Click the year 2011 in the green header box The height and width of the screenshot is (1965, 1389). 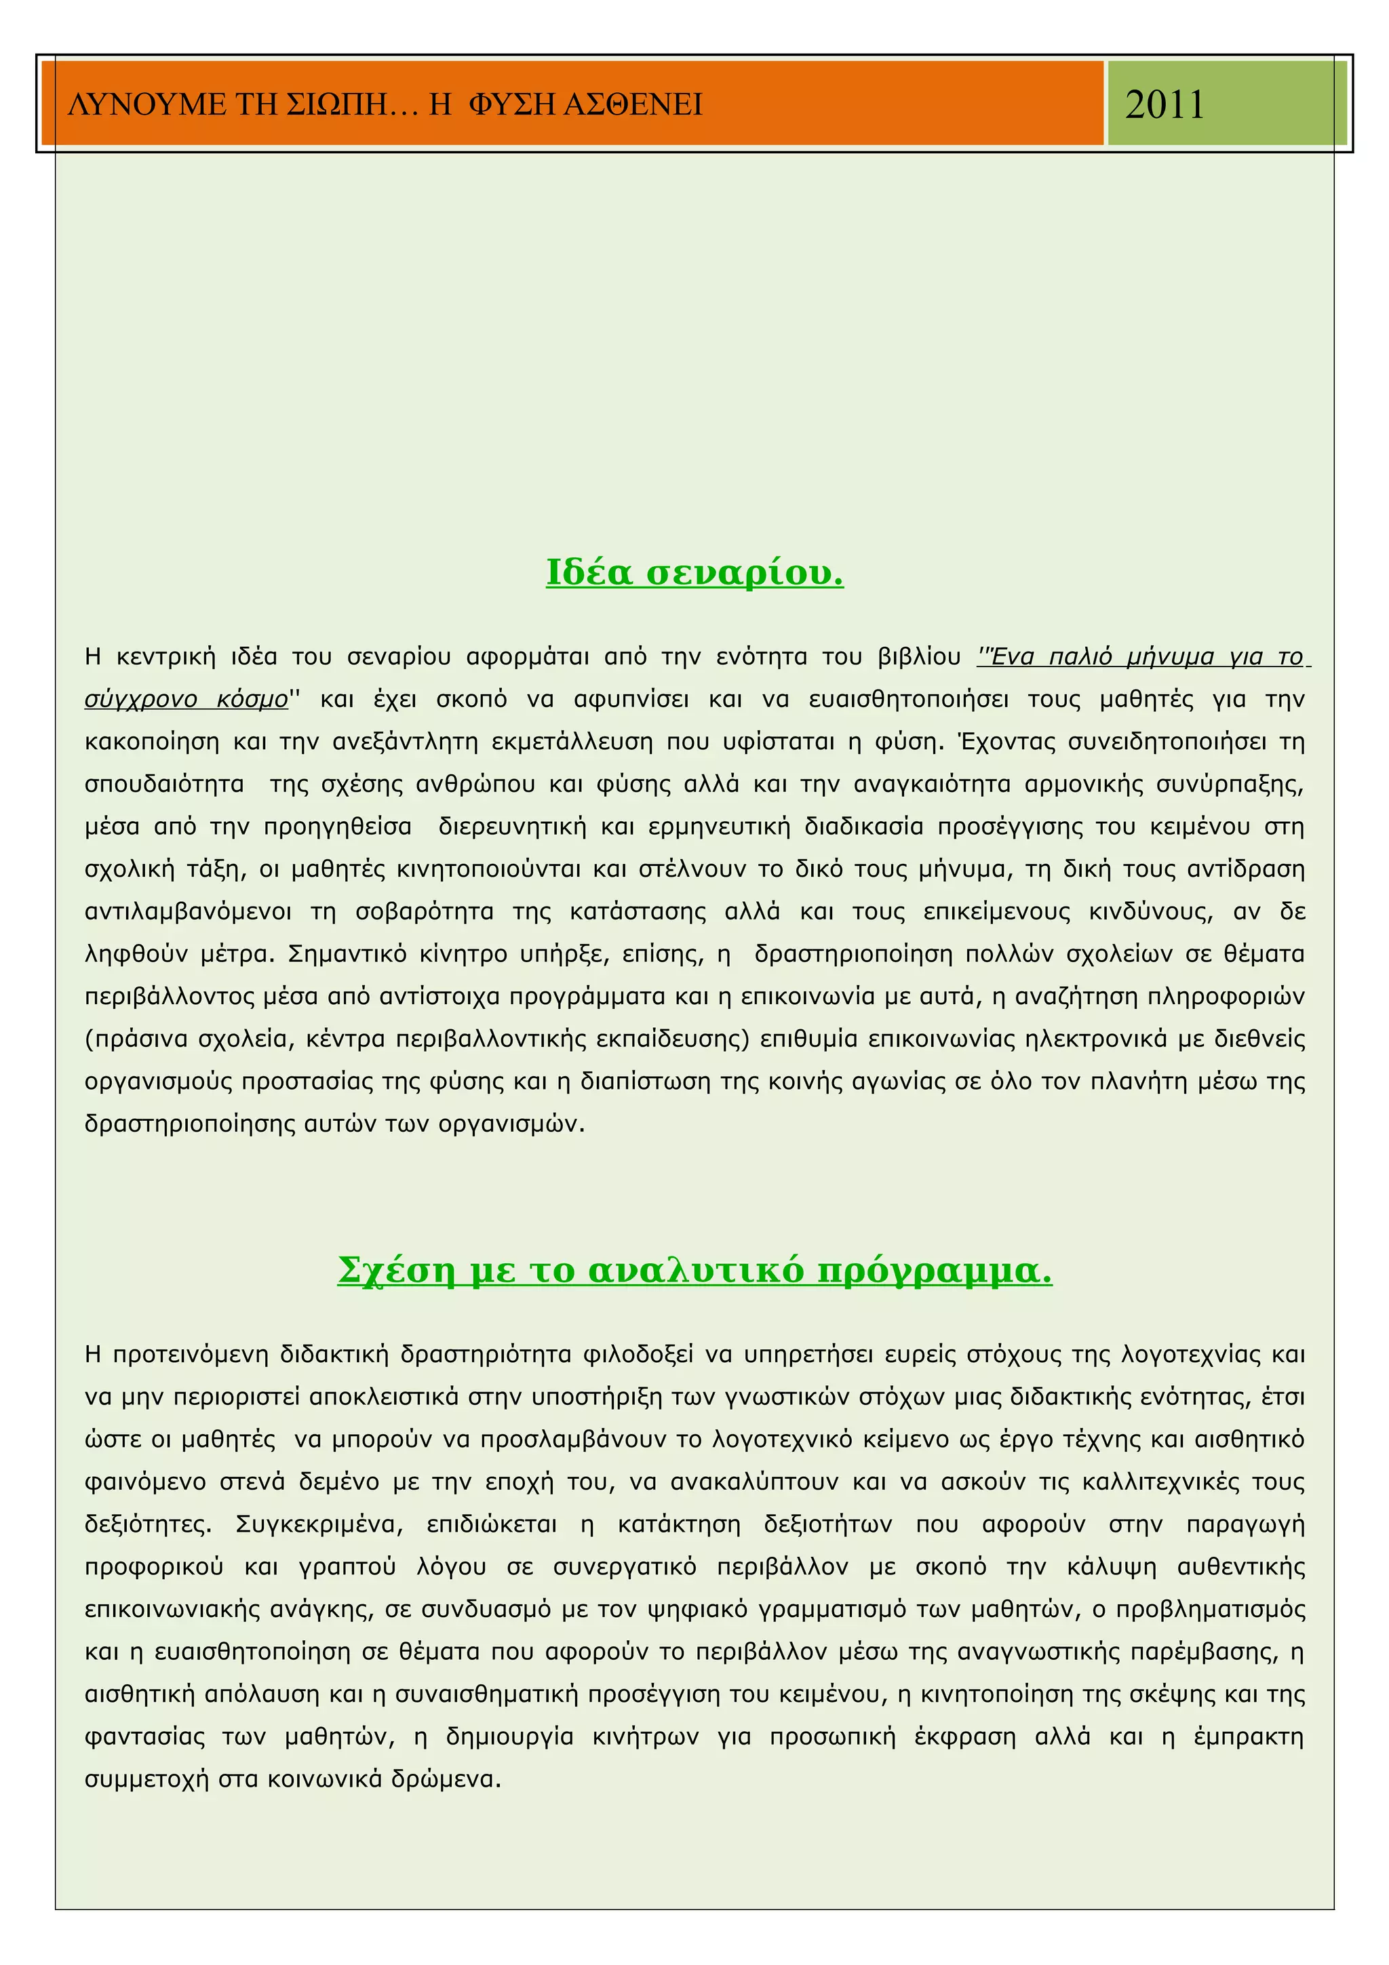[1164, 105]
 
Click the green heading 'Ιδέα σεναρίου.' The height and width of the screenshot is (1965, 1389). [695, 572]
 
